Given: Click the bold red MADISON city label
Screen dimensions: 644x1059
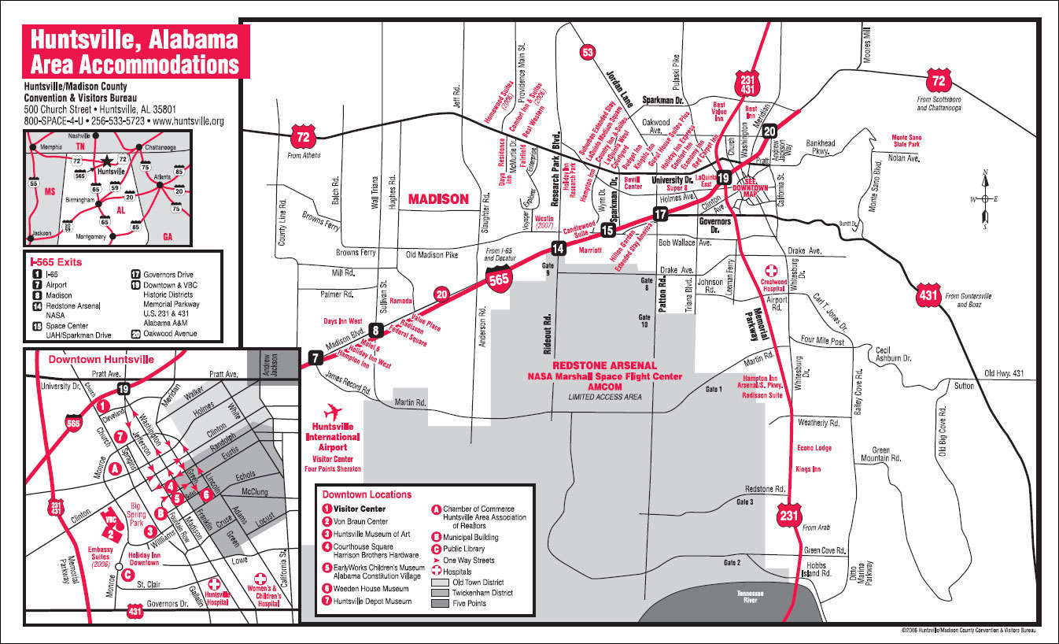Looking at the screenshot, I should pyautogui.click(x=438, y=199).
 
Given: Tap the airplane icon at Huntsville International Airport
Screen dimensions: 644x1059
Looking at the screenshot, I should pyautogui.click(x=333, y=413).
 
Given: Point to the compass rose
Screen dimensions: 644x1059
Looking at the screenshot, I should pyautogui.click(x=983, y=199).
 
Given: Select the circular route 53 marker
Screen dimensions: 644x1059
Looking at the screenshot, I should pyautogui.click(x=587, y=53).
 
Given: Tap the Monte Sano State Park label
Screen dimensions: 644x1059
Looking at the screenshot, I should pyautogui.click(x=907, y=142).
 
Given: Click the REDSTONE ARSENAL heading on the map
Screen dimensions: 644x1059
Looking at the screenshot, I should pyautogui.click(x=604, y=366).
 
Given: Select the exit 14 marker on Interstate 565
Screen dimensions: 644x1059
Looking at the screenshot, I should pyautogui.click(x=558, y=249).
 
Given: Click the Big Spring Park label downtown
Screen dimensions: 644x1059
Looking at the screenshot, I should pyautogui.click(x=135, y=512).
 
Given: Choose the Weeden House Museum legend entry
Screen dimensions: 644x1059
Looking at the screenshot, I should pyautogui.click(x=371, y=588).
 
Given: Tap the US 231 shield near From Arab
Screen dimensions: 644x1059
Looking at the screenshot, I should pyautogui.click(x=789, y=515).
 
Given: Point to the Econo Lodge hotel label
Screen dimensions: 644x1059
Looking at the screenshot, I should pyautogui.click(x=814, y=448).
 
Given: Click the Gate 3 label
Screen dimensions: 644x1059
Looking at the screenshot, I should pyautogui.click(x=745, y=502).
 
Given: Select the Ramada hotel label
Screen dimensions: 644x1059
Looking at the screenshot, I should pyautogui.click(x=401, y=302).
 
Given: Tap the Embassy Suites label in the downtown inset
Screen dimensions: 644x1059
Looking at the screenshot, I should pyautogui.click(x=100, y=553).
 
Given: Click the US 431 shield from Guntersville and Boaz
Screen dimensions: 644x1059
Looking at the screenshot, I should pyautogui.click(x=929, y=296).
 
